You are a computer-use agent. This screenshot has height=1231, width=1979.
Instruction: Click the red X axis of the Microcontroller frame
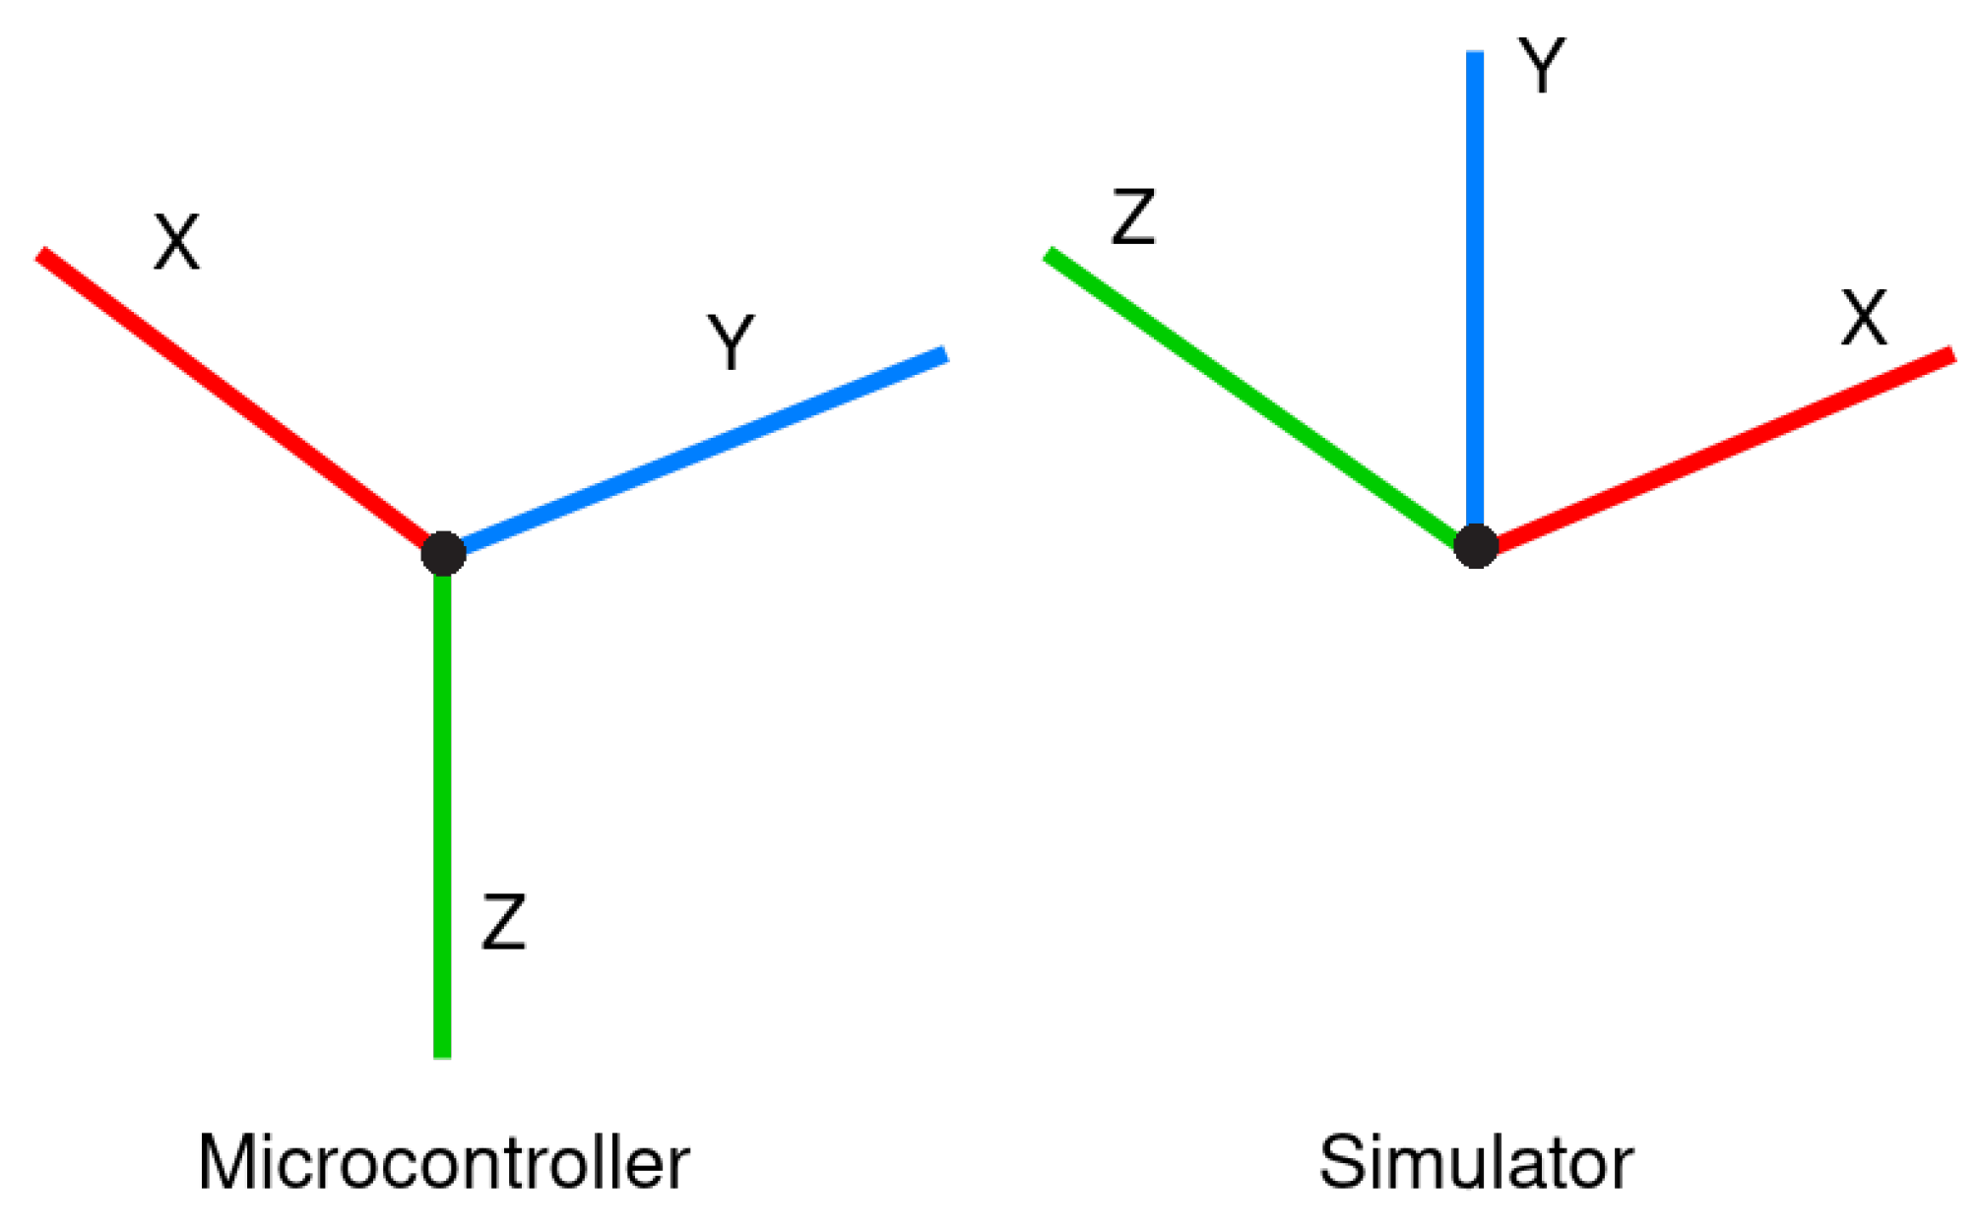tap(236, 400)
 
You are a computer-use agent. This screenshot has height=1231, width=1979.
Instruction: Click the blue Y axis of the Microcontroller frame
tap(699, 453)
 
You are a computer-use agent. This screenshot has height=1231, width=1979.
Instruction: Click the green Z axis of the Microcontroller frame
tap(443, 807)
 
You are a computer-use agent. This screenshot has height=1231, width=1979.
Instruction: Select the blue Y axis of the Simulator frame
tap(1475, 295)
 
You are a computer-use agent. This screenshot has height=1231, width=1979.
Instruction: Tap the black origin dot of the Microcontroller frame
tap(443, 553)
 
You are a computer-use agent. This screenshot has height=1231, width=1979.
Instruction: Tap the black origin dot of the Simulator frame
tap(1476, 546)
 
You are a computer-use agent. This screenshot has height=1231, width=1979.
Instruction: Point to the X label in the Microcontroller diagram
tap(177, 242)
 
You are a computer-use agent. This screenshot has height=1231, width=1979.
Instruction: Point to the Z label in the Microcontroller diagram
tap(504, 922)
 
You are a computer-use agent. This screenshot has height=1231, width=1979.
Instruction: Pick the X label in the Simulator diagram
tap(1864, 318)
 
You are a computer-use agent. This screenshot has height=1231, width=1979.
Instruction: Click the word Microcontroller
tap(443, 1163)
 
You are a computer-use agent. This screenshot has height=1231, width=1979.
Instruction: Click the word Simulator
tap(1476, 1163)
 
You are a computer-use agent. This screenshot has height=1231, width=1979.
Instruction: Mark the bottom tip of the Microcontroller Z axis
tap(443, 1055)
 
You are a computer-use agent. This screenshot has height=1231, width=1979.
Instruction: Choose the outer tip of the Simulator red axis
tap(1951, 355)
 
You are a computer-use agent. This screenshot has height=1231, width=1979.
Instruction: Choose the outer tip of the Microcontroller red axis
tap(42, 255)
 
